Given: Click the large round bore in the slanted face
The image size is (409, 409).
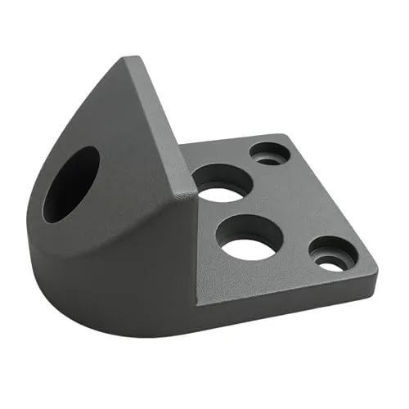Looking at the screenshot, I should coord(71,184).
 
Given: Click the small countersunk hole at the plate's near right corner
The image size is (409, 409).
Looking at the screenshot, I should coord(331,255).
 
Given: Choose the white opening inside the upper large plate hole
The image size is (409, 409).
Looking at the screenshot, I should coord(223,191).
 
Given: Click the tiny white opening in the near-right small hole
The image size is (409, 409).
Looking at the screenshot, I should coord(330,265).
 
